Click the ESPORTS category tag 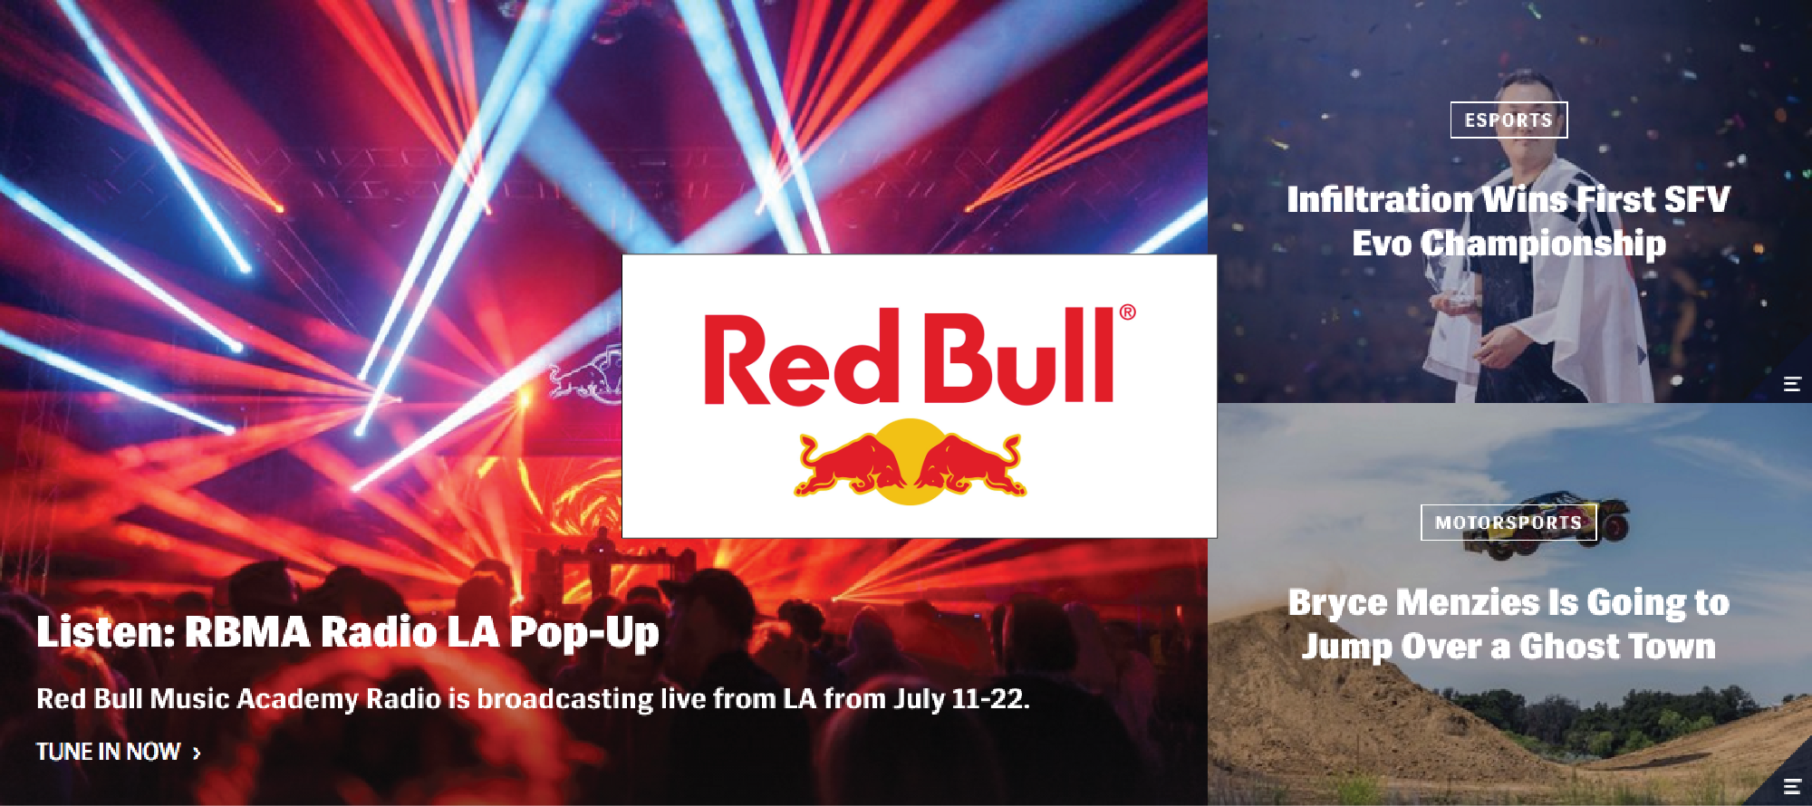tap(1508, 120)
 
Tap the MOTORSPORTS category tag tap(1508, 523)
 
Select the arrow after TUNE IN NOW tap(197, 753)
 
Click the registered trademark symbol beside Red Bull tap(1127, 312)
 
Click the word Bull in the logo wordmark tap(1019, 355)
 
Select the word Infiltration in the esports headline tap(1380, 199)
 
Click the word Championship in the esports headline tap(1543, 244)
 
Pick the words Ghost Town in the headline tap(1617, 647)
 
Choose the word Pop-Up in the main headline tap(584, 633)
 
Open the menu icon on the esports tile tap(1791, 384)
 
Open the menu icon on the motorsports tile tap(1791, 786)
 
